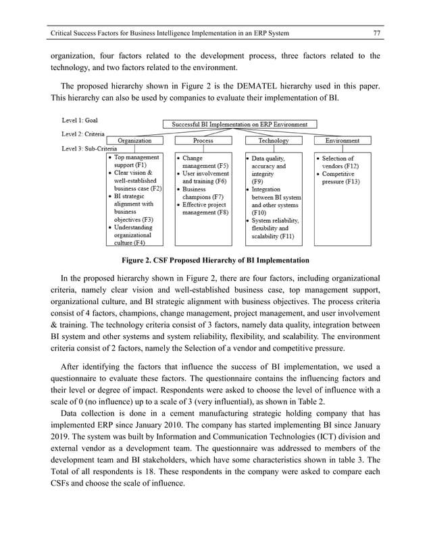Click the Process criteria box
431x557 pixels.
[203, 141]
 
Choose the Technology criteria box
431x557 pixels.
[273, 141]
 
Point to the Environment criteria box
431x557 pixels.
[342, 141]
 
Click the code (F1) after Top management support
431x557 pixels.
[144, 165]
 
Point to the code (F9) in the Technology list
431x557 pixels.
[257, 181]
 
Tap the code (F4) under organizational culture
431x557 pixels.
[143, 243]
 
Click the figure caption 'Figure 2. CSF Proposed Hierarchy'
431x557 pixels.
[215, 260]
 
